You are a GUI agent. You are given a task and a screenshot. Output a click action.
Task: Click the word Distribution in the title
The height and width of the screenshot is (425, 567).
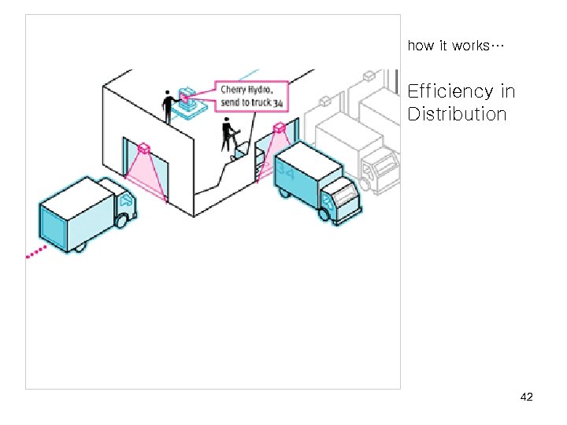pyautogui.click(x=457, y=114)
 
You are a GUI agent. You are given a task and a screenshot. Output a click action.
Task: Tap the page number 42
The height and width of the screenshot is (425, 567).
pyautogui.click(x=527, y=397)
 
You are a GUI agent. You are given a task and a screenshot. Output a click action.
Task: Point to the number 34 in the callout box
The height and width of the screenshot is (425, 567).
pyautogui.click(x=278, y=103)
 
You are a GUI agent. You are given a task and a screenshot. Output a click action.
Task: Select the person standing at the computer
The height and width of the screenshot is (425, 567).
pyautogui.click(x=168, y=106)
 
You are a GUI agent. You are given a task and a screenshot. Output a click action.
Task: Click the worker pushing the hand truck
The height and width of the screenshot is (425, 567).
pyautogui.click(x=228, y=134)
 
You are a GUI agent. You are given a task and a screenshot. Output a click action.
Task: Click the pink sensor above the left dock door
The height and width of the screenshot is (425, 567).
pyautogui.click(x=143, y=148)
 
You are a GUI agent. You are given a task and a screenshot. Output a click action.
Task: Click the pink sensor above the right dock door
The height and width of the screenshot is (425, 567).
pyautogui.click(x=279, y=128)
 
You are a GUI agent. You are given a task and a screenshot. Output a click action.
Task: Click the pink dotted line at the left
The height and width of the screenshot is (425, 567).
pyautogui.click(x=36, y=252)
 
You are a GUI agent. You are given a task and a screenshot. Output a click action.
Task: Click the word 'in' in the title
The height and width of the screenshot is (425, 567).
pyautogui.click(x=507, y=92)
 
